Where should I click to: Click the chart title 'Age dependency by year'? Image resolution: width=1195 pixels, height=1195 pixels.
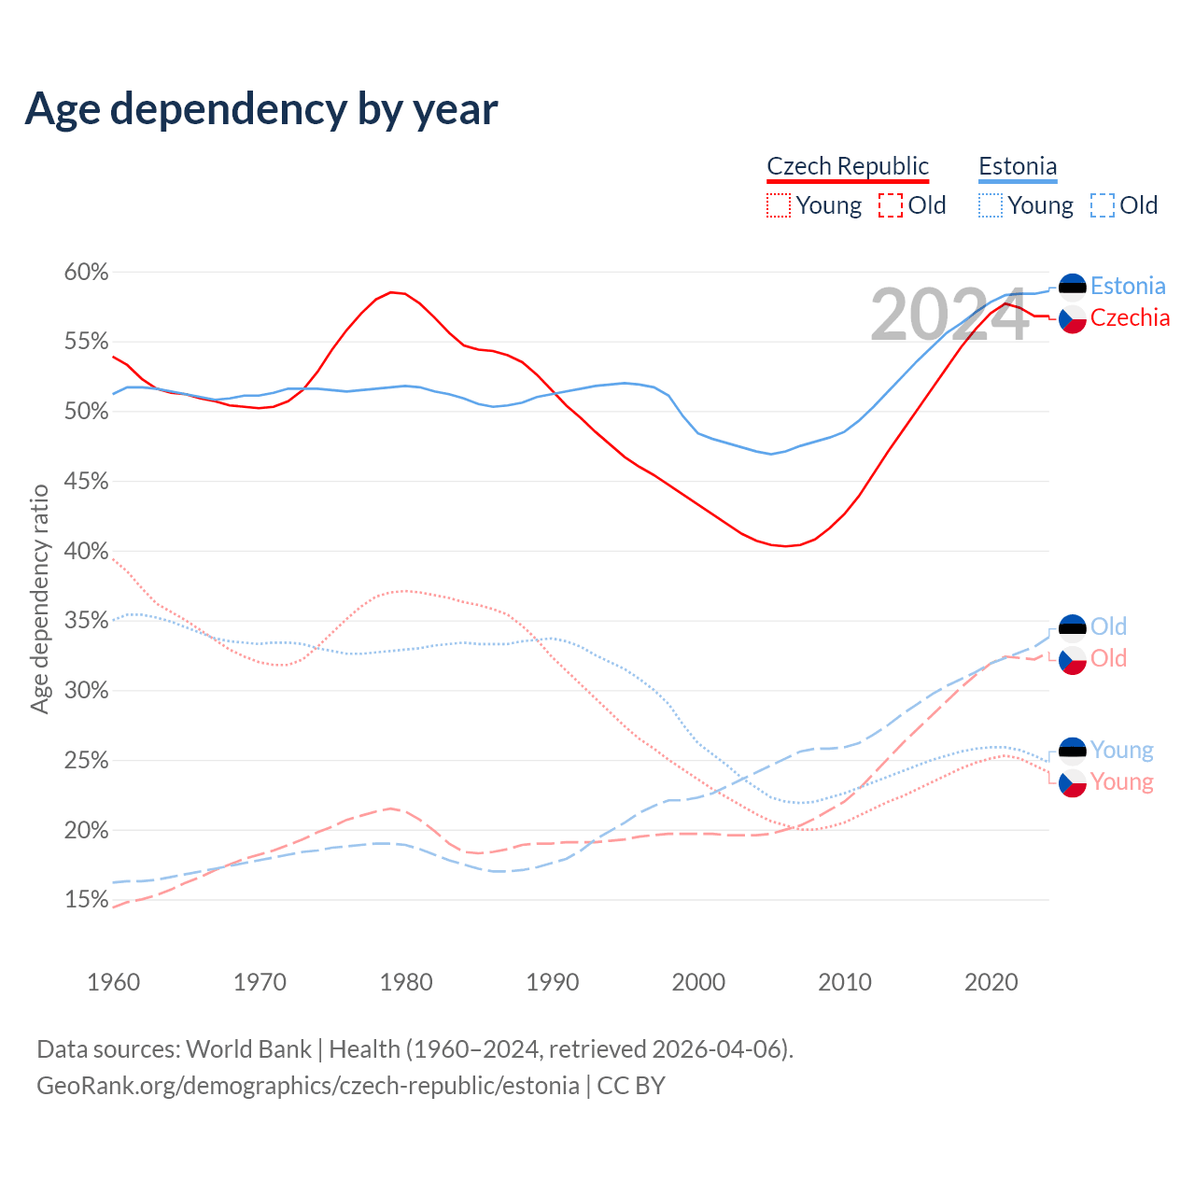click(x=261, y=109)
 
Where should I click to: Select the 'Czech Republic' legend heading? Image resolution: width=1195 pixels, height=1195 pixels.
click(x=848, y=166)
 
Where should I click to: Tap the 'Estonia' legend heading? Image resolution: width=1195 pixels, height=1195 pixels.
click(x=1018, y=166)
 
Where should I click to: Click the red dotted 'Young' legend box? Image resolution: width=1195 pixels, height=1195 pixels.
click(x=778, y=205)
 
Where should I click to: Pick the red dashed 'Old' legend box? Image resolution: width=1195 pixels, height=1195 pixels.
click(x=891, y=205)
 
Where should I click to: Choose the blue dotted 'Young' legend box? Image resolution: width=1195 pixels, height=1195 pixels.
click(x=991, y=205)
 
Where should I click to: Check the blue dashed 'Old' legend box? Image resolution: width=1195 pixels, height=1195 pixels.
click(x=1103, y=205)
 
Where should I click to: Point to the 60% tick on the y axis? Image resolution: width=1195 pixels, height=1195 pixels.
click(x=86, y=273)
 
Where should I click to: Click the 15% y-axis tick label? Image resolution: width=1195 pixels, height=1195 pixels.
click(x=86, y=900)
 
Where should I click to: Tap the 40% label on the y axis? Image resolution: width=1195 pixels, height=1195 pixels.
click(x=86, y=551)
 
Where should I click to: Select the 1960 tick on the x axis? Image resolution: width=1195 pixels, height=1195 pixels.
click(x=113, y=982)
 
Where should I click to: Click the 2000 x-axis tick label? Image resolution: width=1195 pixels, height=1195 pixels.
click(x=698, y=982)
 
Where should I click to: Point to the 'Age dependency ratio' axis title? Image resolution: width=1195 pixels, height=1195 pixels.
click(x=39, y=598)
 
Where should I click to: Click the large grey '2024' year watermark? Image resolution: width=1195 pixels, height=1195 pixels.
click(x=949, y=316)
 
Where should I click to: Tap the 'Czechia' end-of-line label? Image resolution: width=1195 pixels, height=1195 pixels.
click(x=1130, y=318)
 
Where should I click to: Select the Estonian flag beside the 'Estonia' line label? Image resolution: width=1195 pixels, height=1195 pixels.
click(x=1073, y=287)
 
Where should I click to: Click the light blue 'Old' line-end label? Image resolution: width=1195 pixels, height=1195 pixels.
click(x=1108, y=626)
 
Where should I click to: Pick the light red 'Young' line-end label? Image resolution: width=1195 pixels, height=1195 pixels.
click(x=1121, y=781)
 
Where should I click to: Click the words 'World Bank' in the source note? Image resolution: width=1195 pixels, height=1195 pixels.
click(x=248, y=1049)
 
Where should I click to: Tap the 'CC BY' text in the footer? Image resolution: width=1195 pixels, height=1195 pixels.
click(x=631, y=1086)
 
